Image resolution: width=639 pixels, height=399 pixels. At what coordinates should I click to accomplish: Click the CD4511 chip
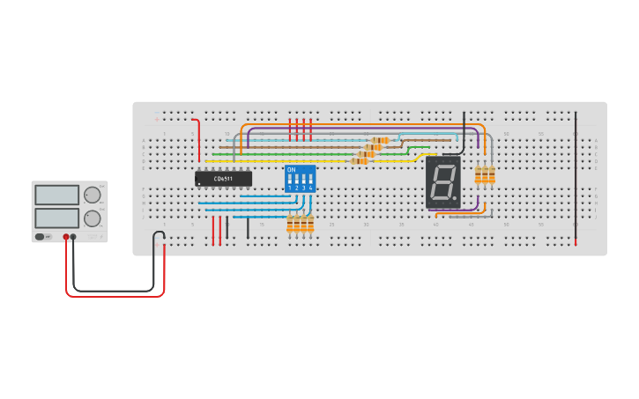(223, 179)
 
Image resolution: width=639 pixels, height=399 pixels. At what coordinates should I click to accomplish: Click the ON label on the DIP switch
(292, 168)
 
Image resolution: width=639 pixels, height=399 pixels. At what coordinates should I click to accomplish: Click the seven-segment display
(443, 182)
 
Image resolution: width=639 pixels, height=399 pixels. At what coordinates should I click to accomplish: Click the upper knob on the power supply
(91, 195)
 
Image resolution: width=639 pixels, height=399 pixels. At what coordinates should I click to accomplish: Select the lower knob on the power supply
(91, 218)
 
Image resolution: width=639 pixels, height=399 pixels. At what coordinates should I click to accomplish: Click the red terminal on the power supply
(66, 237)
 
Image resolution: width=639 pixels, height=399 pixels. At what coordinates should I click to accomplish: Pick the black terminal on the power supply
(74, 237)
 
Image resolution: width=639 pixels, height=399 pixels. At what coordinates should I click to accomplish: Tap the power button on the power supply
(41, 237)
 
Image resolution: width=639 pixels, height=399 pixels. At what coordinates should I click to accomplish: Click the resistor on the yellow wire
(360, 161)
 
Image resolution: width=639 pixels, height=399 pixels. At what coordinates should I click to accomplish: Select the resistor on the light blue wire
(381, 140)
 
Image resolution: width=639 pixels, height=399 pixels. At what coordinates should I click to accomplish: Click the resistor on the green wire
(367, 154)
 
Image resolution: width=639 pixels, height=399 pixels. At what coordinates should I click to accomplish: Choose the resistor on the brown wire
(374, 147)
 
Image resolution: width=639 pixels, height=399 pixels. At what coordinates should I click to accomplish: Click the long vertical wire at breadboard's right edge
(576, 176)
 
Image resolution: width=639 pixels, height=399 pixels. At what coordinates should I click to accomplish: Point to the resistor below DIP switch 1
(290, 225)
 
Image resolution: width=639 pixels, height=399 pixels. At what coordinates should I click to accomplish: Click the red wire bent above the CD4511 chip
(197, 141)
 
